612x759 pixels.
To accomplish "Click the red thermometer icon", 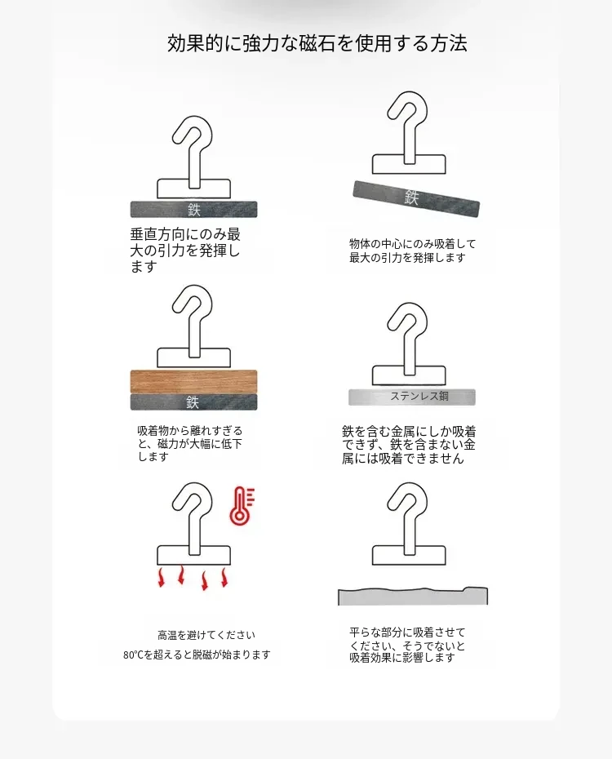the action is click(x=242, y=506).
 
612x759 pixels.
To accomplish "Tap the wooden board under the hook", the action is click(x=193, y=381).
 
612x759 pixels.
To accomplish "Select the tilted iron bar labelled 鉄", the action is click(x=416, y=198).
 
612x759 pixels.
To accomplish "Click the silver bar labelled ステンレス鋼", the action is click(x=412, y=397).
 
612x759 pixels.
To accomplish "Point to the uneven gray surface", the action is click(x=413, y=597).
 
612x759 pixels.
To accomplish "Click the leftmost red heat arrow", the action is click(x=161, y=578).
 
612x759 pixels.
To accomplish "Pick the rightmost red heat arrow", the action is click(x=224, y=578).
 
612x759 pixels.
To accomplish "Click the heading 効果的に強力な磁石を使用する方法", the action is click(x=317, y=43).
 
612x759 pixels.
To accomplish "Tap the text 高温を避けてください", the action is click(x=206, y=635).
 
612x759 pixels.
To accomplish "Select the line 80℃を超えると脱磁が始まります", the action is click(x=197, y=655).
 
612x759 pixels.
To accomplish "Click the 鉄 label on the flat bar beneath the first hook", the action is click(x=194, y=210).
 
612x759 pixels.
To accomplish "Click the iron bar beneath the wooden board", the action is click(x=193, y=402).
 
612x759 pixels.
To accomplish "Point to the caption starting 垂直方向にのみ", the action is click(x=185, y=251).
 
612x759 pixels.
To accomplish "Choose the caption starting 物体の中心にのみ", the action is click(x=413, y=251).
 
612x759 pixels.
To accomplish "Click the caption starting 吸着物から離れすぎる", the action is click(x=189, y=443).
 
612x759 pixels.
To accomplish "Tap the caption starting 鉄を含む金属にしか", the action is click(x=409, y=444).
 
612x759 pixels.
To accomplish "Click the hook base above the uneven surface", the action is click(x=409, y=555).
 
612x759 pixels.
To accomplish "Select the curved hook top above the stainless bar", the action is click(x=409, y=326).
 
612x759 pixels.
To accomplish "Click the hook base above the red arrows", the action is click(x=194, y=555).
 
